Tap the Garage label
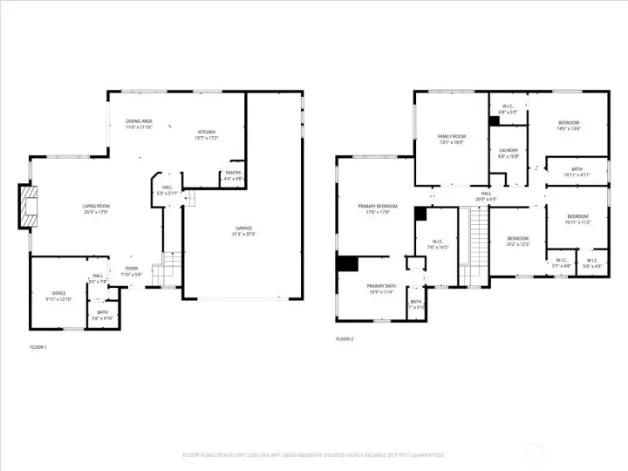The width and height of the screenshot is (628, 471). pos(242,230)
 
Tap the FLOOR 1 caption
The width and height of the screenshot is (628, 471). pos(38,347)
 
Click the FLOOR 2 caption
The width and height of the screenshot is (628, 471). pos(345,338)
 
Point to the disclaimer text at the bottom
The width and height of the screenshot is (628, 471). pos(313,454)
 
